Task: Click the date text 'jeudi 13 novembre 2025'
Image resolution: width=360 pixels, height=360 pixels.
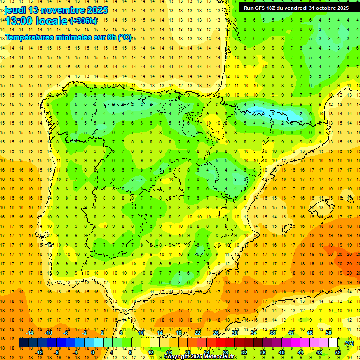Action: coord(56,10)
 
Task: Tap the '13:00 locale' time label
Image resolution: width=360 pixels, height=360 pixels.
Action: coord(36,21)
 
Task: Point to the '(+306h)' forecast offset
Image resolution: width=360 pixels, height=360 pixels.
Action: coord(83,21)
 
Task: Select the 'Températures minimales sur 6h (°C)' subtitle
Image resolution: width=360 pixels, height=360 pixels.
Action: coord(68,37)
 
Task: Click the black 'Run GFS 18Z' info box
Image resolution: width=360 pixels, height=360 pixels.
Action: coord(296,7)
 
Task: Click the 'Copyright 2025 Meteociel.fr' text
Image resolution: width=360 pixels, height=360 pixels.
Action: coord(200,357)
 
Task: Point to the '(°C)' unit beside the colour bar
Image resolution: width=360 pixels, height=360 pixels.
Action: coord(349,343)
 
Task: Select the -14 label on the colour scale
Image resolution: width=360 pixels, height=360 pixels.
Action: coord(30,333)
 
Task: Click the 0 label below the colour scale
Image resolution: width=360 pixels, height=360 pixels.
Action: coord(93,352)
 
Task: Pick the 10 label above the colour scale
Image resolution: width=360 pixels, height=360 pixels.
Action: coord(141,333)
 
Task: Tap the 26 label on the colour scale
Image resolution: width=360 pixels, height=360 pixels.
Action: coord(216,333)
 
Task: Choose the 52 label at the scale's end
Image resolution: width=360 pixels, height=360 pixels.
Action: coord(338,352)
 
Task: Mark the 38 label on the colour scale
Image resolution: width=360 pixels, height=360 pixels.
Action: coord(272,333)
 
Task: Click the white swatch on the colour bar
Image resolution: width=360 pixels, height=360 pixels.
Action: coord(333,343)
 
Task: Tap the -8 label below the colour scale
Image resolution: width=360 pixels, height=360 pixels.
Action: coord(57,352)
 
